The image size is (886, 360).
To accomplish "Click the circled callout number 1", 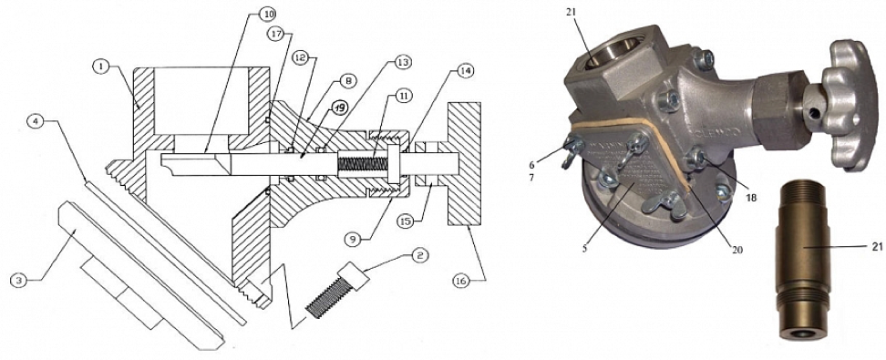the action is pyautogui.click(x=100, y=67).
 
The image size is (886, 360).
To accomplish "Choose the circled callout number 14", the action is pyautogui.click(x=466, y=71).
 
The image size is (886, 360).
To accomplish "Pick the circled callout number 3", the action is pyautogui.click(x=19, y=278).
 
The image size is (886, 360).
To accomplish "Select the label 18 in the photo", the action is pyautogui.click(x=750, y=197).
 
